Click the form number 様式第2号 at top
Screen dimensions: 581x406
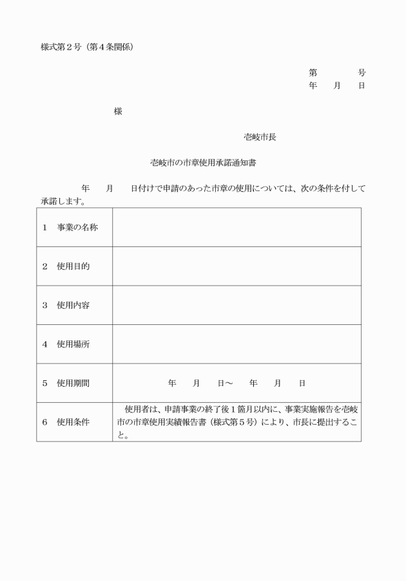(x=64, y=47)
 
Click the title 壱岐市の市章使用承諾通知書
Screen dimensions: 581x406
(x=204, y=163)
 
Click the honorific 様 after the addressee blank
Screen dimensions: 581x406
(x=118, y=111)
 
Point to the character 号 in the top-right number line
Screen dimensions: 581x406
(x=362, y=73)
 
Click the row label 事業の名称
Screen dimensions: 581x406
(x=77, y=227)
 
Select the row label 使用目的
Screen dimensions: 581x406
(x=73, y=266)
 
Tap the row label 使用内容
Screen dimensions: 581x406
(x=73, y=305)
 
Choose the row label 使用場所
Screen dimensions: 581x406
(x=73, y=344)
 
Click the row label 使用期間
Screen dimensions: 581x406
(x=73, y=383)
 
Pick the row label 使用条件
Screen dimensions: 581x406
(x=73, y=422)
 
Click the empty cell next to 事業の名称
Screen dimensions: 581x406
(x=237, y=227)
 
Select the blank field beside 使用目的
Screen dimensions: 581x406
(x=237, y=266)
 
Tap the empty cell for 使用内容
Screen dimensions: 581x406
(x=237, y=305)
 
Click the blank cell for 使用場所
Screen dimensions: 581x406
(x=237, y=344)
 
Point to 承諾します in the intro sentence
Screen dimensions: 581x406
(x=63, y=201)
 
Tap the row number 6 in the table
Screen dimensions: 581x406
(x=45, y=422)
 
